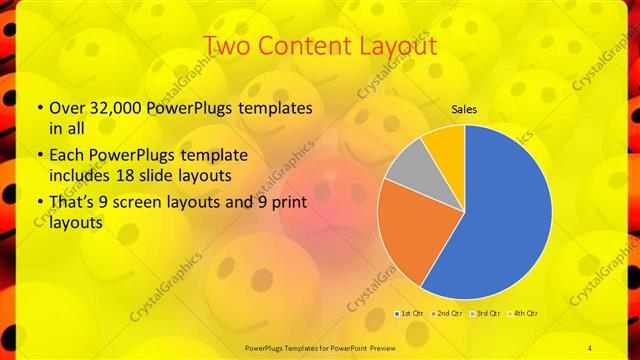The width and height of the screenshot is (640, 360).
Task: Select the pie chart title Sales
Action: pyautogui.click(x=464, y=108)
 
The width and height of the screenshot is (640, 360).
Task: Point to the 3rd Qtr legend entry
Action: pyautogui.click(x=488, y=314)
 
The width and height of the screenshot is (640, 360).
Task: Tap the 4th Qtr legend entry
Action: pyautogui.click(x=524, y=314)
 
